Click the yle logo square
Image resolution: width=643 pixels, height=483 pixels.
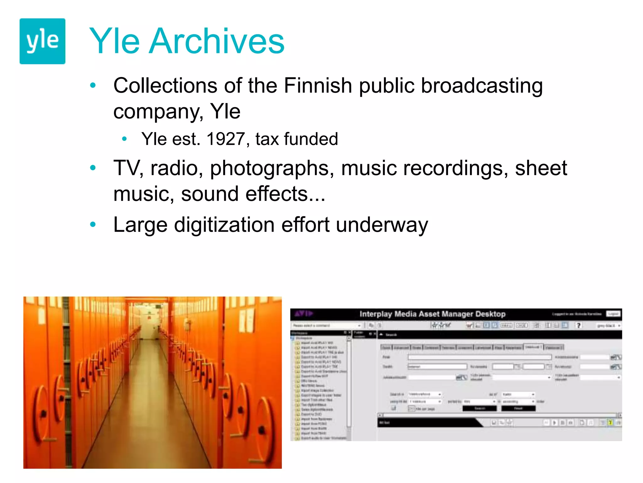42,41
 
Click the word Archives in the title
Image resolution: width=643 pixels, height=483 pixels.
217,41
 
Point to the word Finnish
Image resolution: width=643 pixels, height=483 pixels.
318,86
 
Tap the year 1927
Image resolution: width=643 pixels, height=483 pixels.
226,139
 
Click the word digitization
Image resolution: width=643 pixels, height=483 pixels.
224,225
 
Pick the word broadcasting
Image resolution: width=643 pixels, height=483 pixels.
482,86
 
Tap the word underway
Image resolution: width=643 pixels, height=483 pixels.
382,225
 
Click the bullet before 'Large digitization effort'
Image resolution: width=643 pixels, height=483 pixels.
93,225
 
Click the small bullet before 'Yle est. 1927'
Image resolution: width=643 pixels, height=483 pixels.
124,139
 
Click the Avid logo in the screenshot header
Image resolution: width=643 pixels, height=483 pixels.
304,314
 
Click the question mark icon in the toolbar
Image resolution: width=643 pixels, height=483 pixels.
578,325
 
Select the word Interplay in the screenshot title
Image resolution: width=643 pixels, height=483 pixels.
376,314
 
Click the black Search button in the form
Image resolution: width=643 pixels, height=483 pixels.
479,408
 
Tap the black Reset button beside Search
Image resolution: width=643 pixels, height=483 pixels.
518,408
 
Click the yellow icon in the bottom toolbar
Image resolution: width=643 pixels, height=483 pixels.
610,423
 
